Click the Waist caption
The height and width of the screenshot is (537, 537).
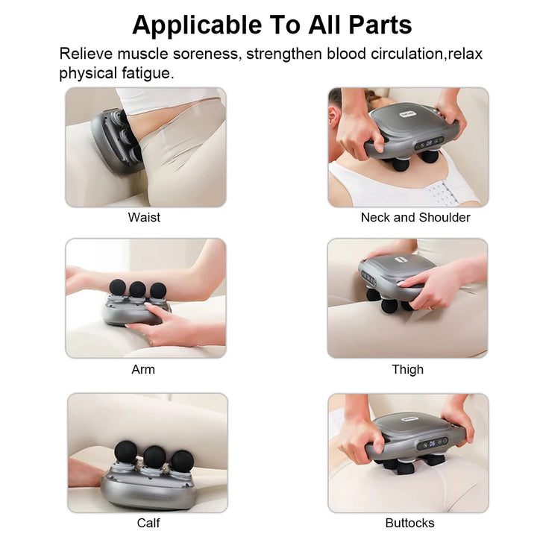coord(144,218)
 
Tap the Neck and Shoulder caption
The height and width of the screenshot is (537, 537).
coord(415,218)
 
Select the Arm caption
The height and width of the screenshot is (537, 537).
coord(143,369)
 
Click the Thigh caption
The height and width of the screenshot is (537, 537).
coord(407,369)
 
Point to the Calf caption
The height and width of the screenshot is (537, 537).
coord(148,523)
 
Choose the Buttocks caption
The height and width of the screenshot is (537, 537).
coord(409,523)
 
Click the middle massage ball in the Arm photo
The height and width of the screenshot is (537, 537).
coord(138,289)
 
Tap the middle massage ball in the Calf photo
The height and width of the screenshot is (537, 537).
coord(154,455)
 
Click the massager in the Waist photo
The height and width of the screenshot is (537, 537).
coord(116,138)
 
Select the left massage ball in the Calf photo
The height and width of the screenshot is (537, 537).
coord(125,451)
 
